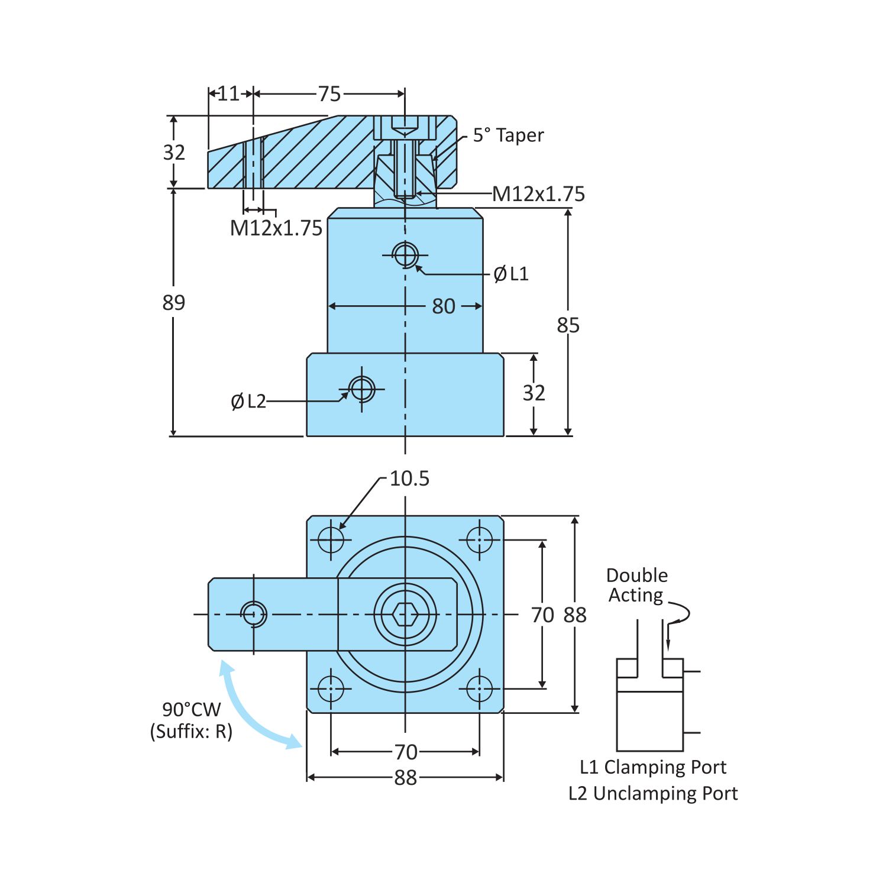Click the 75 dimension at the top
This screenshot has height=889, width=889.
(329, 94)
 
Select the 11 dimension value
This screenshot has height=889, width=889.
(228, 93)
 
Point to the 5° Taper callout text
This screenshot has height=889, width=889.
(508, 135)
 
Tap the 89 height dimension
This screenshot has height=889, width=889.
(173, 303)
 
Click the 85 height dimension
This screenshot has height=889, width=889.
(568, 325)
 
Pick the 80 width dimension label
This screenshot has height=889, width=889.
(443, 306)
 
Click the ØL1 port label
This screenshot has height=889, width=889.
(511, 274)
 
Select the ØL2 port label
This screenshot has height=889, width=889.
(248, 402)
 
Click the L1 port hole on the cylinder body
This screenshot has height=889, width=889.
(405, 256)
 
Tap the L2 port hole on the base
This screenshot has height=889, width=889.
(362, 390)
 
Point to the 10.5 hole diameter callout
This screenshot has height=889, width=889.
(409, 479)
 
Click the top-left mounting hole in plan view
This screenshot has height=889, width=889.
(331, 539)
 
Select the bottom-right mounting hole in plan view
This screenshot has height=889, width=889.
(479, 688)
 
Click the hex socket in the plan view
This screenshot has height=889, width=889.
(405, 615)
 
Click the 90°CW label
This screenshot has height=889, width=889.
(191, 709)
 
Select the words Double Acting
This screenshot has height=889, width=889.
(636, 585)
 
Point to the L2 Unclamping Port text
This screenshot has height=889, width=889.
(653, 793)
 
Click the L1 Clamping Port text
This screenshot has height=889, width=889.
(653, 767)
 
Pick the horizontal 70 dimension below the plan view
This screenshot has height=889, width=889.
(406, 752)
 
